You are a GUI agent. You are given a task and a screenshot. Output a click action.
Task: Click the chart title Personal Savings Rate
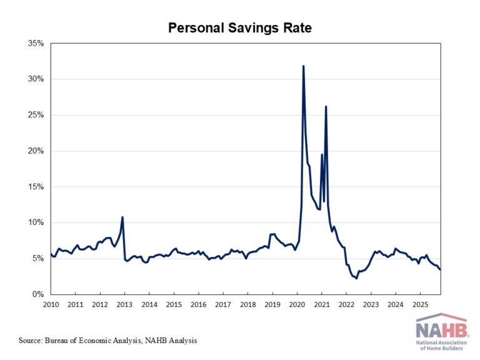pos(239,28)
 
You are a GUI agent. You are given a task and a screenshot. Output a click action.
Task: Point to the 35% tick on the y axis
pos(34,43)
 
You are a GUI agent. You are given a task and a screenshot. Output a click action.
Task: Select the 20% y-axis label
pos(34,151)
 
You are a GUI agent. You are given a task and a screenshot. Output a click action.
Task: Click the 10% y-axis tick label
pos(34,222)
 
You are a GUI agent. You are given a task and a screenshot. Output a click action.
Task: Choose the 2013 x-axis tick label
pos(124,304)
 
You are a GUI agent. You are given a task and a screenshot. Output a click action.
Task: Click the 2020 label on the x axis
pos(297,304)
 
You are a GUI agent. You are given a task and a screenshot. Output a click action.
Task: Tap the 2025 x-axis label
pos(420,304)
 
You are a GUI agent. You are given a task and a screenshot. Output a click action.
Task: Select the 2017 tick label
pos(223,304)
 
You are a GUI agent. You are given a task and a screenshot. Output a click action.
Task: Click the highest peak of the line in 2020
pos(303,66)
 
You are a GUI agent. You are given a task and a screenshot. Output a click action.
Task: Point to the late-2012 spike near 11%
pos(122,217)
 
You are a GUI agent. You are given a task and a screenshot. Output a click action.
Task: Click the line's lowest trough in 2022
pos(356,278)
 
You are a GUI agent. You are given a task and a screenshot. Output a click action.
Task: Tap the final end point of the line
pos(440,269)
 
